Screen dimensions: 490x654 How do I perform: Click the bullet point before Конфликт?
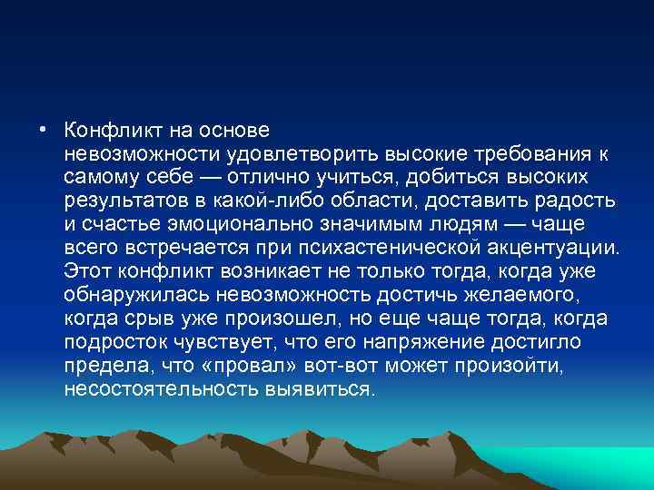(x=43, y=128)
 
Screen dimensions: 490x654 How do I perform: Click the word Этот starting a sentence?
(x=86, y=269)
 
